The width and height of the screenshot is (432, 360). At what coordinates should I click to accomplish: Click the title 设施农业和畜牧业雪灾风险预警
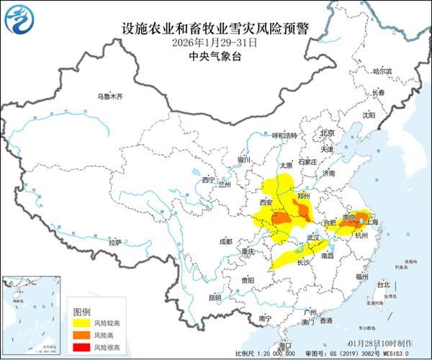[x=215, y=29]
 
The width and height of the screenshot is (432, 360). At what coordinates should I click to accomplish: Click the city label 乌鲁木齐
[x=111, y=96]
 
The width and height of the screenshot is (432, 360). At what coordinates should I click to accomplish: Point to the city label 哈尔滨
[x=382, y=71]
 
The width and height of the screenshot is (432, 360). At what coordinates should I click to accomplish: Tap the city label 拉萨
[x=114, y=243]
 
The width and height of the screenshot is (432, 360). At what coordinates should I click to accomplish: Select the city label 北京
[x=328, y=133]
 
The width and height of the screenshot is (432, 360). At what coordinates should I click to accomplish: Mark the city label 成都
[x=227, y=241]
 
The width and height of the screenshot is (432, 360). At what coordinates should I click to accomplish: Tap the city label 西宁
[x=209, y=179]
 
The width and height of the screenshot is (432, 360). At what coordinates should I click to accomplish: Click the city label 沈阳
[x=369, y=114]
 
